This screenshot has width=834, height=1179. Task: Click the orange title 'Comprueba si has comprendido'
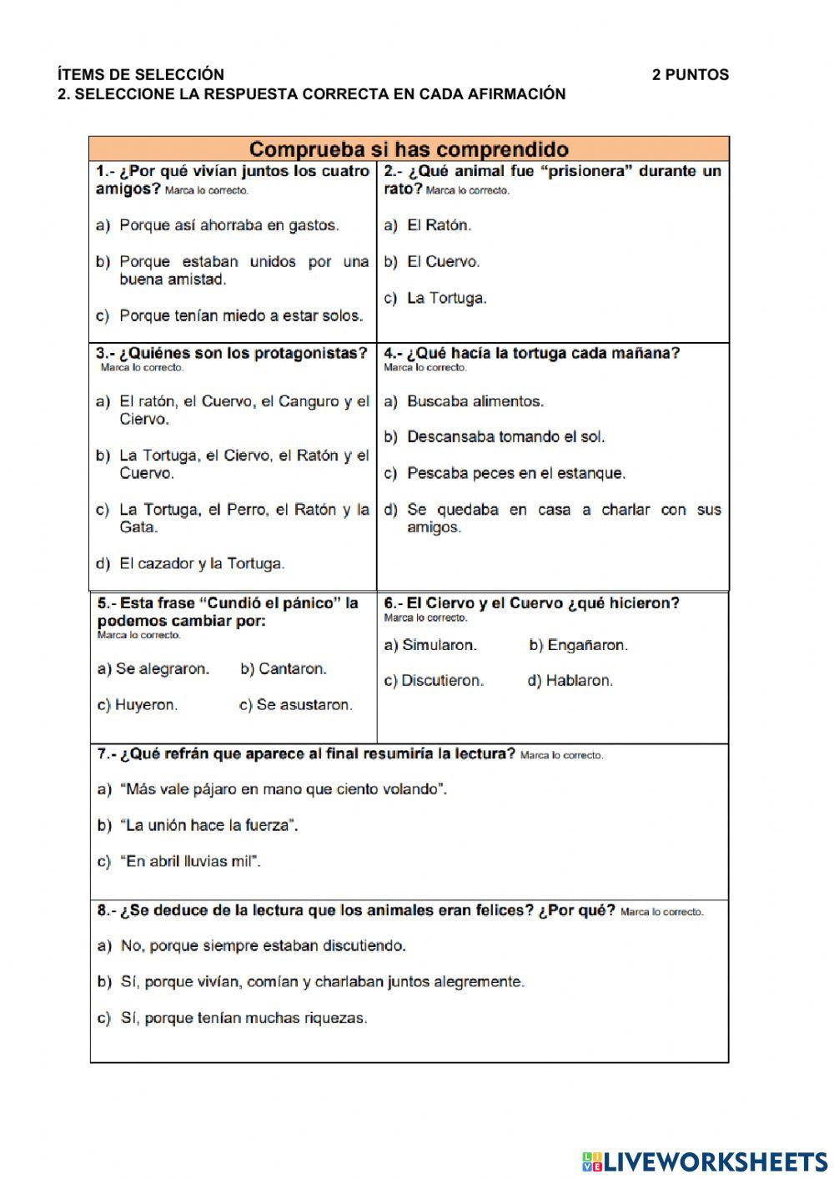(409, 150)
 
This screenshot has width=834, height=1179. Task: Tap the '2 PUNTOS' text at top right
(690, 75)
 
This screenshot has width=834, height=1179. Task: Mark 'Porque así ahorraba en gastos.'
(229, 225)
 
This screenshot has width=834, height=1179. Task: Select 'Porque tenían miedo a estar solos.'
(241, 316)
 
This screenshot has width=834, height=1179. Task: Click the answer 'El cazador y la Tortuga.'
(202, 564)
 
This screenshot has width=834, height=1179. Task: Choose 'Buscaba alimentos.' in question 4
(475, 401)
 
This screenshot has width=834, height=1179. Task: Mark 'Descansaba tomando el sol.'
(505, 437)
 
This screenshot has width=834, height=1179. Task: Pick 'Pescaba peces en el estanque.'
(515, 473)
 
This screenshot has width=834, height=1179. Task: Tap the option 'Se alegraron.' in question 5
(162, 669)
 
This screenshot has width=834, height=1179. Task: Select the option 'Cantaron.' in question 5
(292, 669)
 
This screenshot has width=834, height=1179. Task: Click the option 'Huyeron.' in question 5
(146, 705)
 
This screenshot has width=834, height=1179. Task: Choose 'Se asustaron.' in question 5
(304, 705)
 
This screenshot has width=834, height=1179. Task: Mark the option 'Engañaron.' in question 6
(587, 645)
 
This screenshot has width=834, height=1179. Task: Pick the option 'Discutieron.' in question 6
(442, 681)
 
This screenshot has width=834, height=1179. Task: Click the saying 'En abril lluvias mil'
(192, 862)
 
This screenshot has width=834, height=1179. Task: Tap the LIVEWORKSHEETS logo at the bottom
(705, 1161)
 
